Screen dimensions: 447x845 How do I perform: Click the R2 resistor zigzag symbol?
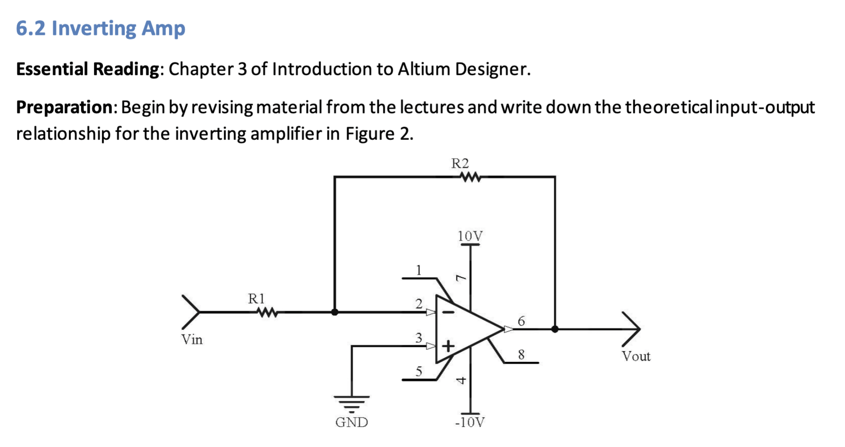[470, 177]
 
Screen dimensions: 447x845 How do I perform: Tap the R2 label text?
[460, 164]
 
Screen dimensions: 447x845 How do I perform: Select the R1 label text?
[256, 298]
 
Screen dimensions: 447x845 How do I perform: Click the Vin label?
[192, 340]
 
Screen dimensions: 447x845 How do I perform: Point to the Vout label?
[636, 356]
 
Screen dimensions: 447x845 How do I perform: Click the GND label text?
[351, 422]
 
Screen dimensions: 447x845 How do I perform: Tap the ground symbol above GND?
[351, 402]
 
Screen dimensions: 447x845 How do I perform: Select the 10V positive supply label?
[470, 237]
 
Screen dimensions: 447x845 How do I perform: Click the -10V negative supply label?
[469, 422]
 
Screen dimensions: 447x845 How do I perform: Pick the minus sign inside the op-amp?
[448, 312]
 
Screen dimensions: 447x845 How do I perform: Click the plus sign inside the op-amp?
[448, 346]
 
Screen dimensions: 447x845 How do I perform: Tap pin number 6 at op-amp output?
[521, 321]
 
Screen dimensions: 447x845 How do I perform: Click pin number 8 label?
[521, 355]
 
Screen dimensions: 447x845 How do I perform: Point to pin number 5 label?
[419, 371]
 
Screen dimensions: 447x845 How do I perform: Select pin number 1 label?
[419, 270]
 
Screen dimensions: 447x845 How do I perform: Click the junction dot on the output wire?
[555, 329]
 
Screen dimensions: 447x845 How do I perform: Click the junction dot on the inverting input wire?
[335, 312]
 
